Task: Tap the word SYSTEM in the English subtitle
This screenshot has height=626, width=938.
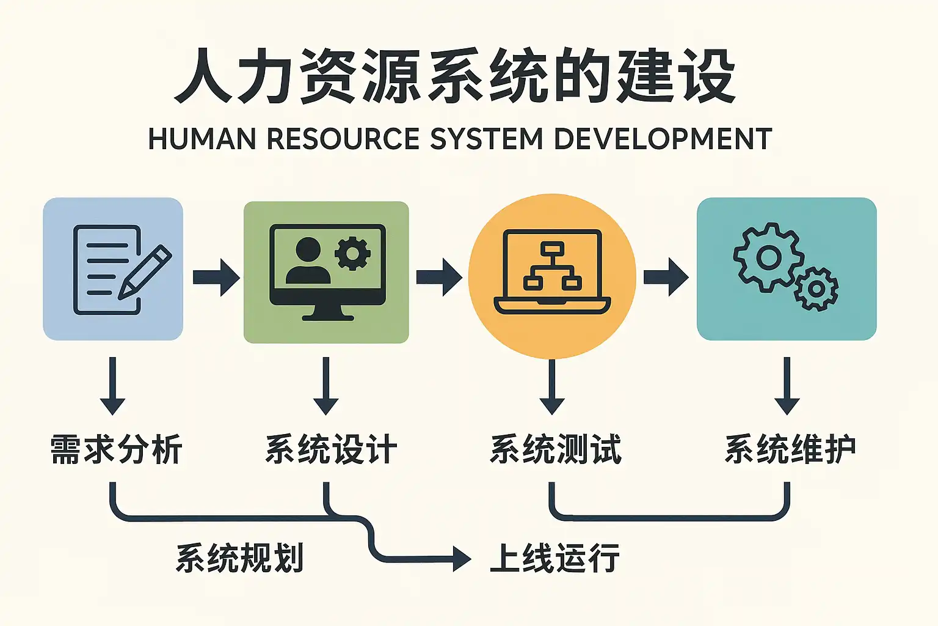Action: [486, 139]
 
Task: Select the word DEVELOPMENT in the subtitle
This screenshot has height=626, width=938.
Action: [663, 139]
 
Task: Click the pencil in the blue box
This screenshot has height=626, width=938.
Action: [145, 271]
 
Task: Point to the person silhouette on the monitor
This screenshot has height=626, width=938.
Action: [308, 261]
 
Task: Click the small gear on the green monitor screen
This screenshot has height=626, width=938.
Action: [352, 253]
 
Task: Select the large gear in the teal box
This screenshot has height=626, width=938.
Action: [768, 257]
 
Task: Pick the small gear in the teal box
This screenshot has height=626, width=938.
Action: [816, 289]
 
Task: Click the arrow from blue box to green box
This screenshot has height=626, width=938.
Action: [216, 277]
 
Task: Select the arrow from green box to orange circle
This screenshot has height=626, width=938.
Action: [439, 277]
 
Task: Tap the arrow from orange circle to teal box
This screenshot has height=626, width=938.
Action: [666, 277]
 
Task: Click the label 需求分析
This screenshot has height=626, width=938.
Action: [116, 450]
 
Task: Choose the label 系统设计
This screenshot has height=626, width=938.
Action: [331, 450]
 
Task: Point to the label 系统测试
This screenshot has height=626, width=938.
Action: [556, 450]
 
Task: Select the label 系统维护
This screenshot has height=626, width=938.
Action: [790, 450]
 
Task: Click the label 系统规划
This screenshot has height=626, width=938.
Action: [239, 558]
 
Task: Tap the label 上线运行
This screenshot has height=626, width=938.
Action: [554, 558]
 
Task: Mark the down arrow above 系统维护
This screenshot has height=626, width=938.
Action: [787, 386]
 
